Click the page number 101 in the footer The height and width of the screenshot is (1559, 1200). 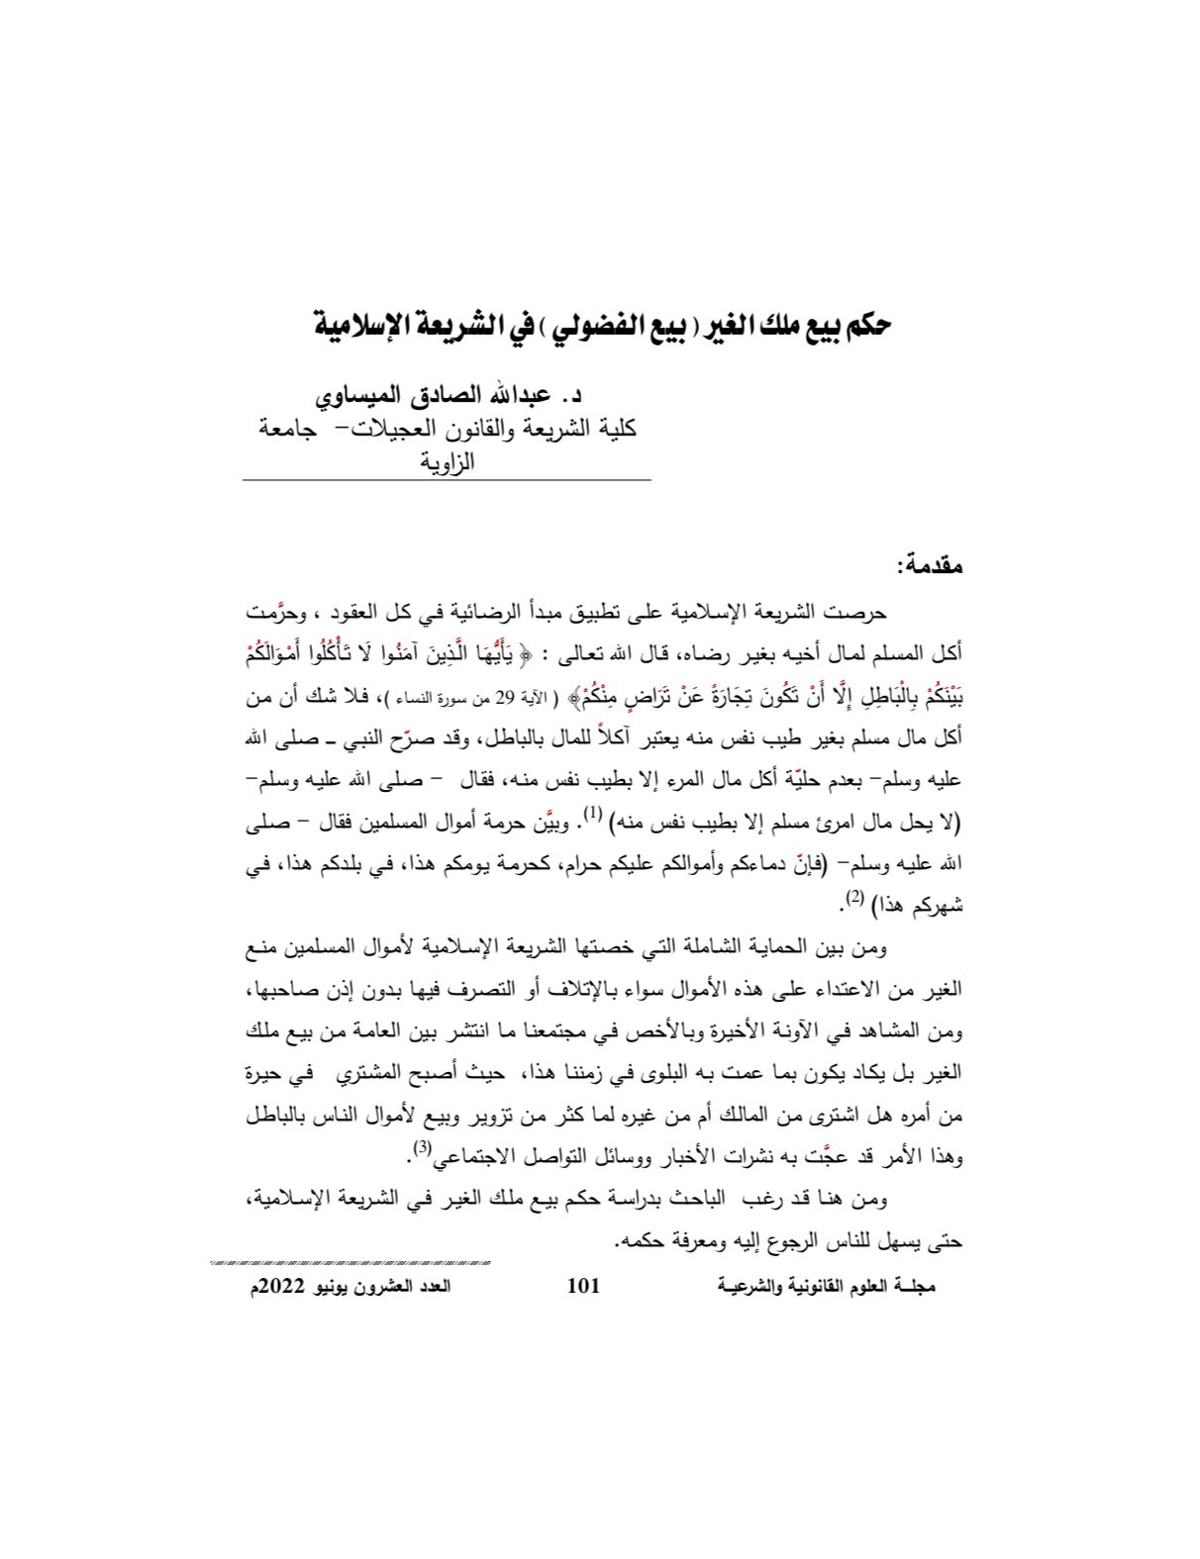583,1286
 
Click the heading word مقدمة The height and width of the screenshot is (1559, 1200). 929,567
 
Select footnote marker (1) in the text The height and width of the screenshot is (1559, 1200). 592,813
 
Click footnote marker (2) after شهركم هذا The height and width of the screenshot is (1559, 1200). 854,897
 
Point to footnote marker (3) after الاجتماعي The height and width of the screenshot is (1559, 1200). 421,1148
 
